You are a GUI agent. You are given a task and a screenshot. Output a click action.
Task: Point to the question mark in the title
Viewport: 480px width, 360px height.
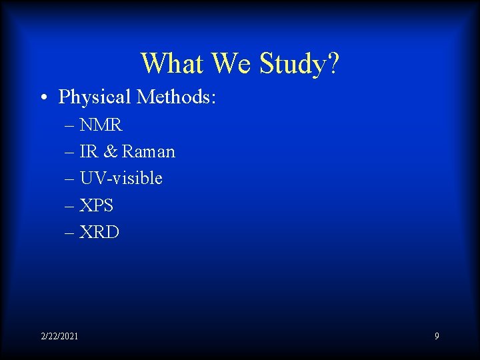tap(333, 64)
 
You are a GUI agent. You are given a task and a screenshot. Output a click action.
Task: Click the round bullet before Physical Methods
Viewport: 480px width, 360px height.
tap(42, 98)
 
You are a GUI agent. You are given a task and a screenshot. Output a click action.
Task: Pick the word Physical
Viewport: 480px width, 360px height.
tap(95, 97)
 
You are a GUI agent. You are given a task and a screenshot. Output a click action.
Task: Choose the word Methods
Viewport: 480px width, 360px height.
tap(176, 97)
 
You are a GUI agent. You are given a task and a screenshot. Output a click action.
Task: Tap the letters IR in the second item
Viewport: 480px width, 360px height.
tap(88, 152)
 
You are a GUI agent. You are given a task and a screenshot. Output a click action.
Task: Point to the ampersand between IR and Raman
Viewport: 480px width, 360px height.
tap(110, 152)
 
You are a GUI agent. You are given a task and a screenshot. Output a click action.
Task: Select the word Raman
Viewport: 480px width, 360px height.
tap(148, 152)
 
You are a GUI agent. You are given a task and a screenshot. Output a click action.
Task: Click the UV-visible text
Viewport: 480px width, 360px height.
tap(121, 179)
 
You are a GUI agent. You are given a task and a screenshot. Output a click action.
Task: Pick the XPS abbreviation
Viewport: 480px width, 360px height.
tap(97, 206)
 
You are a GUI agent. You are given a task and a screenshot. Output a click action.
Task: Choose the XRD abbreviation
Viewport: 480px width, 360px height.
tap(99, 233)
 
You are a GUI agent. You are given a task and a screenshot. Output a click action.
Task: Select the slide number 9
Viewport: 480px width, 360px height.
tap(437, 336)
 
